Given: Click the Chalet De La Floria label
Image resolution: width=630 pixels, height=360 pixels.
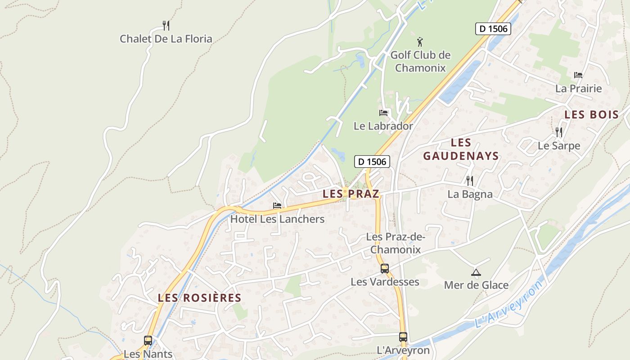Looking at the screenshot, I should pos(166,39).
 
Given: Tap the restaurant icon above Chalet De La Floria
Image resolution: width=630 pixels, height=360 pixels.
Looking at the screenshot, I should pos(166,25).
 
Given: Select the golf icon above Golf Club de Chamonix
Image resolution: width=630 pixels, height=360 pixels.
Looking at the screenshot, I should pos(420,42).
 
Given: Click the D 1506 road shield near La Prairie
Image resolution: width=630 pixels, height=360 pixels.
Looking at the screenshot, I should pos(493,29).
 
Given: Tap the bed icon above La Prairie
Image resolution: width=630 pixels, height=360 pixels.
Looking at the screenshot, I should pos(578,75).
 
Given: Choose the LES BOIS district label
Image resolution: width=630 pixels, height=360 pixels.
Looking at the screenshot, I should pos(592,115).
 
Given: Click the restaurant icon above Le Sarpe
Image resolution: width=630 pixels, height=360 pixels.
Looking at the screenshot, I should pos(559,132).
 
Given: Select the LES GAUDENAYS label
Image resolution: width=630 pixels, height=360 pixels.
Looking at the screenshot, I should pos(461,149).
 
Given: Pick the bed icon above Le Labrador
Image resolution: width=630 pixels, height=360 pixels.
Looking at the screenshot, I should pos(383,112).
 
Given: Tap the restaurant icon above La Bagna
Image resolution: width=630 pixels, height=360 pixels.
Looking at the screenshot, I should pos(470,180).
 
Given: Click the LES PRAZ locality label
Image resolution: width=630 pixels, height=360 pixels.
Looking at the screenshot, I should pos(351,194).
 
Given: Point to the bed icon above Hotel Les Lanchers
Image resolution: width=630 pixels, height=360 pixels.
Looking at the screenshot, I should pos(277,206).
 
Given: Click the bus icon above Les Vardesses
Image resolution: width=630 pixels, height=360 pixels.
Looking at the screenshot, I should pos(385,269).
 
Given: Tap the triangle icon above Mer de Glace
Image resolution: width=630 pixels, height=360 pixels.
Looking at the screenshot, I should pos(476,272).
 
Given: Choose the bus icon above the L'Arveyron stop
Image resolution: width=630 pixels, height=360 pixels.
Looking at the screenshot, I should pos(403,337).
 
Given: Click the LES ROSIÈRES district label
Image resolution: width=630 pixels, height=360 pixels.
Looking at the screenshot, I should pos(199,298).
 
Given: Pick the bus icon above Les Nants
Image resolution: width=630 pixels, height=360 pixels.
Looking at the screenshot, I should pos(148,341).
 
